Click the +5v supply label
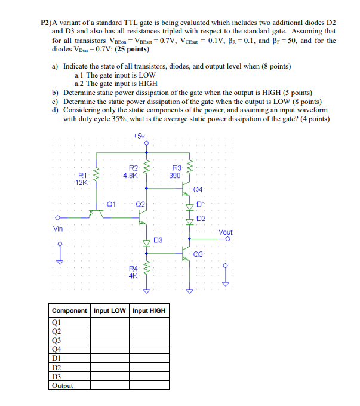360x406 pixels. pyautogui.click(x=139, y=136)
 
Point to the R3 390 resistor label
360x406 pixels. pyautogui.click(x=176, y=173)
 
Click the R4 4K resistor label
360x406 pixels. pyautogui.click(x=133, y=272)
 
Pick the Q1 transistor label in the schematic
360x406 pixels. pyautogui.click(x=111, y=204)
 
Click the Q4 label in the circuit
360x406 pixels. pyautogui.click(x=199, y=189)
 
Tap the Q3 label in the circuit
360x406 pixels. pyautogui.click(x=199, y=254)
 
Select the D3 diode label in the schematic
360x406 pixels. pyautogui.click(x=158, y=240)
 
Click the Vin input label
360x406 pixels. pyautogui.click(x=58, y=228)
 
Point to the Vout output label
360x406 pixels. pyautogui.click(x=226, y=232)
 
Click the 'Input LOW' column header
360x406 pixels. pyautogui.click(x=110, y=310)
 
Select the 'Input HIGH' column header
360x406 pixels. pyautogui.click(x=149, y=310)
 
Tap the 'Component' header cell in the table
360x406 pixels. pyautogui.click(x=70, y=310)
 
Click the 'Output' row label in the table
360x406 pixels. pyautogui.click(x=63, y=386)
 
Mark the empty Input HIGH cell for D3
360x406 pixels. pyautogui.click(x=149, y=377)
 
